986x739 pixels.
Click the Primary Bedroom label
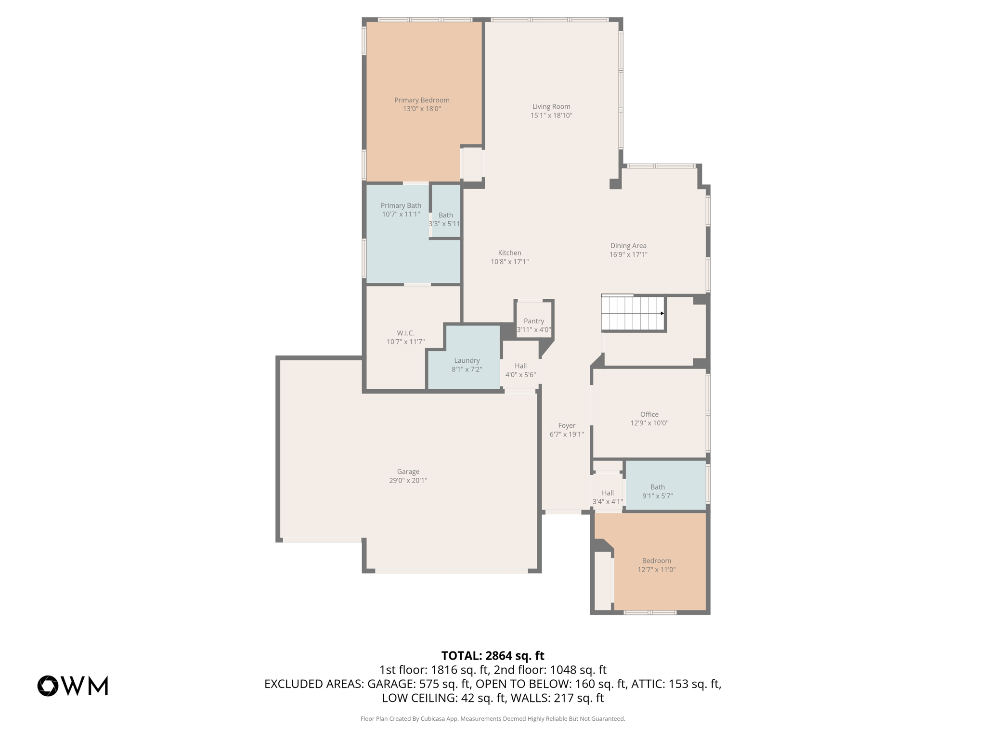tap(422, 100)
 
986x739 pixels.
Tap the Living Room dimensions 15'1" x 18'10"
tap(551, 115)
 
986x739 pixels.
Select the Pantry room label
tap(534, 321)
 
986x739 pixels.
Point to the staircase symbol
tap(633, 313)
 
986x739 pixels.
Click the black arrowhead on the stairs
tap(662, 313)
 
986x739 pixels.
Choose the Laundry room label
tap(467, 361)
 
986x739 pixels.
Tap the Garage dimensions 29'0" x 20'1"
tap(408, 480)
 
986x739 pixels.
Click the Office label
tap(649, 414)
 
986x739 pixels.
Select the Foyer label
tap(567, 425)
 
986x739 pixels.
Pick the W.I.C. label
tap(405, 333)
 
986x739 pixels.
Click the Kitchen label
tap(509, 253)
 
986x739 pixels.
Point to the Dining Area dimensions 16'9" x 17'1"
tap(628, 255)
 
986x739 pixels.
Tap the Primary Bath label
tap(401, 205)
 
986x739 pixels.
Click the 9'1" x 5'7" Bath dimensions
tap(658, 496)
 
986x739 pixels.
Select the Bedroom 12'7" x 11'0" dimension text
tap(657, 570)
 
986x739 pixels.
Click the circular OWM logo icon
tap(48, 686)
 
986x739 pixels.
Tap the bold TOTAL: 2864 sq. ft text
tap(493, 656)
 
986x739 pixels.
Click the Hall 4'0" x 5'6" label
tap(520, 370)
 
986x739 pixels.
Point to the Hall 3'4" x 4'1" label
tap(608, 497)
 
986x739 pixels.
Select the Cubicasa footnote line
tap(493, 719)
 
